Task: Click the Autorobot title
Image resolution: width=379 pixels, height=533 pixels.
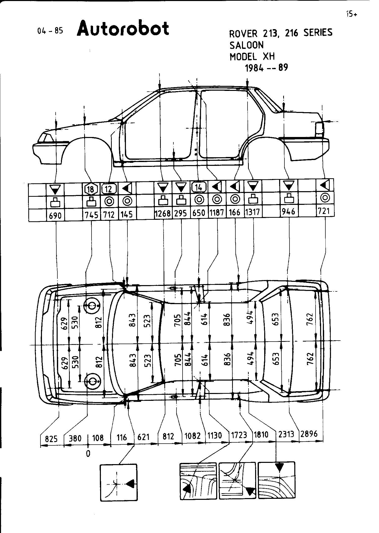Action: coord(123,29)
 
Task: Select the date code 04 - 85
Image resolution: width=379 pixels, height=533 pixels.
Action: coord(50,31)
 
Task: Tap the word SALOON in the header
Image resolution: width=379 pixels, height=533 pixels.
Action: coord(246,45)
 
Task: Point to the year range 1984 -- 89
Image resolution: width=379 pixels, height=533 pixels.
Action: coord(266,68)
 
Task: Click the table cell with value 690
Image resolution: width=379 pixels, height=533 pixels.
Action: coord(55,215)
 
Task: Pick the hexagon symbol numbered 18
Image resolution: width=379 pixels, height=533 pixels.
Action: coord(91,189)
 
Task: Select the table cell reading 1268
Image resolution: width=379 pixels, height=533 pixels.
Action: coord(163,213)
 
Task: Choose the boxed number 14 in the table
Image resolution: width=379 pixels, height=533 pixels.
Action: coord(199,187)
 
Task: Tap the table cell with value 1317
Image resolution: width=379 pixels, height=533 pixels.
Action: coord(253,212)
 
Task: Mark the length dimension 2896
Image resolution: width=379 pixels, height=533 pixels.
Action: coord(309,434)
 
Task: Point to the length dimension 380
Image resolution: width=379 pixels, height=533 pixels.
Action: coord(75,438)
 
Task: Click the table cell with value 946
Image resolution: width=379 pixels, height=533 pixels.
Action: coord(288,211)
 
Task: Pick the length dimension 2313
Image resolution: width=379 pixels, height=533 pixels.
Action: coord(286,434)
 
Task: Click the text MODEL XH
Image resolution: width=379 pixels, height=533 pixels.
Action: coord(252,56)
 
